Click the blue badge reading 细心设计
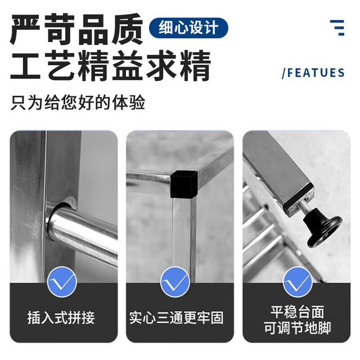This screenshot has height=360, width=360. tap(188, 28)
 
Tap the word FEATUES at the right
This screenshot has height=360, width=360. tap(316, 73)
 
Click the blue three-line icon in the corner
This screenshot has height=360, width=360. tap(337, 28)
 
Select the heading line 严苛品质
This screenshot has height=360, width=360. tap(76, 29)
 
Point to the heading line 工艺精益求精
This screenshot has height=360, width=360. tap(110, 65)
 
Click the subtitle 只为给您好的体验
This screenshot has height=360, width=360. tap(78, 102)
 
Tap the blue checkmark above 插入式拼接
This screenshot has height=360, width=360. tap(62, 282)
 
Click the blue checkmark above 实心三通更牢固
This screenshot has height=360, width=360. tap(175, 282)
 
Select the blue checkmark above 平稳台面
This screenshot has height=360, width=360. tap(298, 282)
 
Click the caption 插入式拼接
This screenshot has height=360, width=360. tap(61, 317)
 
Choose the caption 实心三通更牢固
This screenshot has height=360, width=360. tap(176, 317)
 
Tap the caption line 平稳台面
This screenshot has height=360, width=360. tap(298, 312)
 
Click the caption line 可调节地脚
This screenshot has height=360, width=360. tap(298, 327)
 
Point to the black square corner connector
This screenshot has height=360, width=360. tap(184, 184)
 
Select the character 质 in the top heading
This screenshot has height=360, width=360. tap(128, 29)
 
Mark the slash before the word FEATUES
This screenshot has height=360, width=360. tap(284, 73)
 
